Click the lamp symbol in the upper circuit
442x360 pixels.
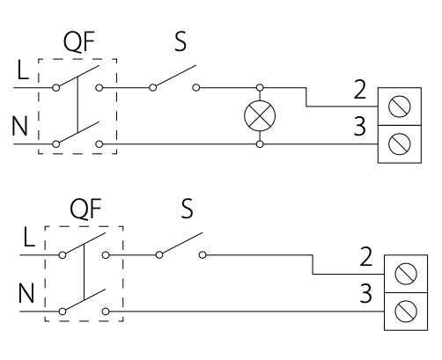click(260, 115)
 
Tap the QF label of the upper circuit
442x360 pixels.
click(79, 42)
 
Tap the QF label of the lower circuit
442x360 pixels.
click(85, 209)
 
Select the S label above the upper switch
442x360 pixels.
click(180, 41)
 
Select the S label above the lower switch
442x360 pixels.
click(187, 209)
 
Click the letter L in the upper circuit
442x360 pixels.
click(23, 70)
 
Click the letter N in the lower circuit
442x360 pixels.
click(26, 293)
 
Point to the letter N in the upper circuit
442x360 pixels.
click(19, 126)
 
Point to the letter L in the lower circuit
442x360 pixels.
click(29, 237)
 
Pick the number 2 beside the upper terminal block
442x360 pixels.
click(360, 90)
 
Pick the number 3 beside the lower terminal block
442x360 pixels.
click(366, 293)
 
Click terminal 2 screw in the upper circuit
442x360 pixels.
click(400, 107)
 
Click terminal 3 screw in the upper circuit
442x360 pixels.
click(400, 144)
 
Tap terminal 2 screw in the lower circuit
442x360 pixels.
click(406, 274)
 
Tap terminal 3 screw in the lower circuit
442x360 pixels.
click(406, 312)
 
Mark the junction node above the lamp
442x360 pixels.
click(260, 87)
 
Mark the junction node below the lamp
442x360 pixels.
click(260, 144)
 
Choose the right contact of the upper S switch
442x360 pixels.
click(196, 87)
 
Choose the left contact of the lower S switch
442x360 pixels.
click(159, 255)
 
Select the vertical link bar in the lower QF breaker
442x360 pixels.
click(85, 272)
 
